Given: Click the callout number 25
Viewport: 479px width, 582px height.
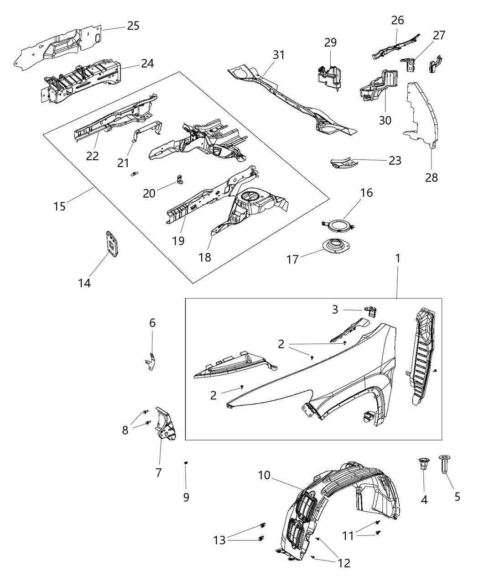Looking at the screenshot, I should (x=133, y=26).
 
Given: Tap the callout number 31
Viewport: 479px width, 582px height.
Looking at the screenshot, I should (x=279, y=55).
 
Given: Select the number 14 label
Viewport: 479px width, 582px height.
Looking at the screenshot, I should (x=84, y=283).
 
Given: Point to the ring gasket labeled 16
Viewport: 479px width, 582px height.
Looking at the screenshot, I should (x=338, y=225).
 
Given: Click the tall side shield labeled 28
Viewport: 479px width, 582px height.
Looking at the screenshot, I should (x=422, y=114).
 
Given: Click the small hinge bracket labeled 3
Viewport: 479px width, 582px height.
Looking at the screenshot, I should (x=370, y=312).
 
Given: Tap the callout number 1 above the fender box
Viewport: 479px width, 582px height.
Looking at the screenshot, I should (x=397, y=258).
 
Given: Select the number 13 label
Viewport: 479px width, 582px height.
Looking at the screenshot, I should (x=220, y=540).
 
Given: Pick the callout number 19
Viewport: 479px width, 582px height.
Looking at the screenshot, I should (x=178, y=241).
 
